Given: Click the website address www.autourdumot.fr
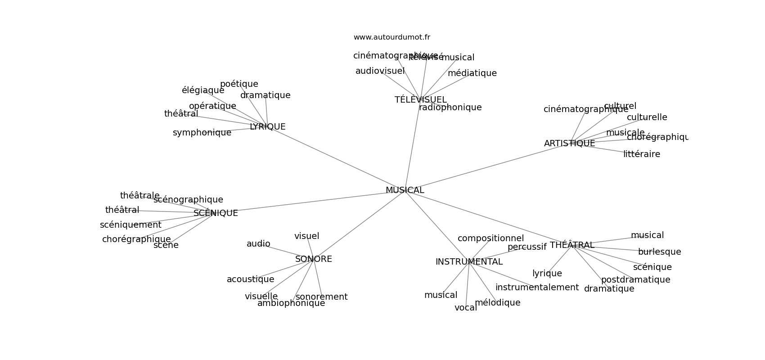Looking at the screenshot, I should click(x=391, y=37).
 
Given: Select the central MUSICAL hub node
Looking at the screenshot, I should click(x=405, y=190).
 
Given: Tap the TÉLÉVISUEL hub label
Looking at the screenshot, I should click(x=420, y=100).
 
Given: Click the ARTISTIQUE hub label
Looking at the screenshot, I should click(x=569, y=144).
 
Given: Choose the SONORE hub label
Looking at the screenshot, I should click(x=314, y=259).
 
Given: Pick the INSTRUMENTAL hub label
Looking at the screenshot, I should click(x=469, y=262).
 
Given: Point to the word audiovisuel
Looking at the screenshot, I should click(x=380, y=71).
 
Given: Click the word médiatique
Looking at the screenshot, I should click(x=472, y=73).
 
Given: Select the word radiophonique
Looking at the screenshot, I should click(x=450, y=108).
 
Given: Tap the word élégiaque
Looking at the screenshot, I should click(x=203, y=90).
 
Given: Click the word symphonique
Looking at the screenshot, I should click(x=202, y=133).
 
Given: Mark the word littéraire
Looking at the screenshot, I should click(x=641, y=154).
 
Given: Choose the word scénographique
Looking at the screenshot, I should click(x=188, y=200).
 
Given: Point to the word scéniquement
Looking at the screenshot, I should click(x=130, y=225).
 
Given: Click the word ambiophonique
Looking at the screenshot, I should click(x=291, y=303).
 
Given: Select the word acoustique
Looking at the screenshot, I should click(x=250, y=279).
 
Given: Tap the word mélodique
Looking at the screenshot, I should click(x=497, y=303).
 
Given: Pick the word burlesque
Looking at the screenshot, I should click(x=659, y=252).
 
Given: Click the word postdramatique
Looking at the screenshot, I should click(x=635, y=280).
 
